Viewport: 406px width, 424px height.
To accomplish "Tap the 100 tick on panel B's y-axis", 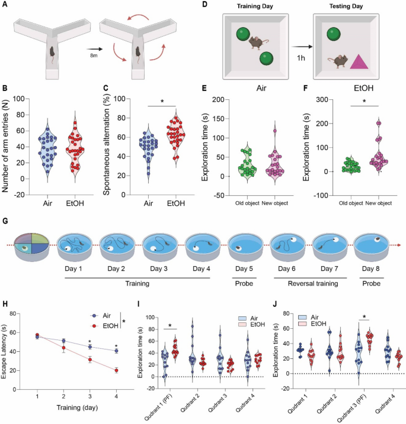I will (x=20, y=99).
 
